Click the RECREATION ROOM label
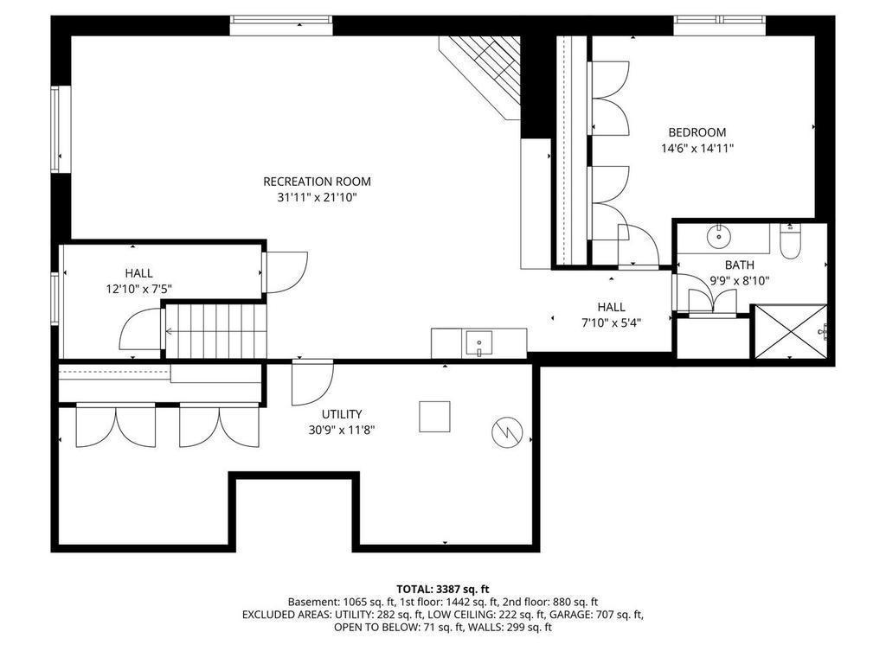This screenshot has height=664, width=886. [317, 182]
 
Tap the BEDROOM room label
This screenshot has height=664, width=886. [697, 132]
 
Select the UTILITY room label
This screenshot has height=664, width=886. [342, 414]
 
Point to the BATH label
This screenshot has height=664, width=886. [740, 265]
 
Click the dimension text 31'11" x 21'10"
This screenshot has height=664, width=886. [317, 198]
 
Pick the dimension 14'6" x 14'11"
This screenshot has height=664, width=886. [697, 149]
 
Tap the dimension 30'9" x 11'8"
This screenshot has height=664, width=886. [342, 431]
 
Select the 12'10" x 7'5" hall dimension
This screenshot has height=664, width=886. [139, 290]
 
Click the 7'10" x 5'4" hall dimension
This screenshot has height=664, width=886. [612, 323]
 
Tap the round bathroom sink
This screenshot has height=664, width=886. [719, 237]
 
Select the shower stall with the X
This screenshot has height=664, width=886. [791, 331]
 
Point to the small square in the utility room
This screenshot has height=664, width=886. [434, 417]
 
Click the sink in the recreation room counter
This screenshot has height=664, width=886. [478, 344]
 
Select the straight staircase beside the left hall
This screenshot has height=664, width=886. [215, 331]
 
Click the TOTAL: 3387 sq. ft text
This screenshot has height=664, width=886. [442, 590]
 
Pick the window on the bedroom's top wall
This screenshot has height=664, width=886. [720, 21]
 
